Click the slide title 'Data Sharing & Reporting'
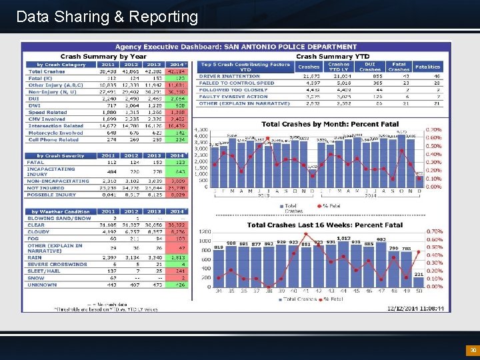(x=107, y=17)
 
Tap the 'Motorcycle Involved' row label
(x=56, y=133)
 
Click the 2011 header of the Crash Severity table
(x=107, y=155)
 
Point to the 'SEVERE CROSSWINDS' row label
(x=57, y=264)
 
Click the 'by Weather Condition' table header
(x=59, y=211)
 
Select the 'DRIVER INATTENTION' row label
(x=230, y=77)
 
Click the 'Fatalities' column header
(x=427, y=67)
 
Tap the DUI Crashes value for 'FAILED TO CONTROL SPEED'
(x=370, y=83)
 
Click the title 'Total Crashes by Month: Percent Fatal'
(x=330, y=124)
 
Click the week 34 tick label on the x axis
(x=219, y=291)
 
